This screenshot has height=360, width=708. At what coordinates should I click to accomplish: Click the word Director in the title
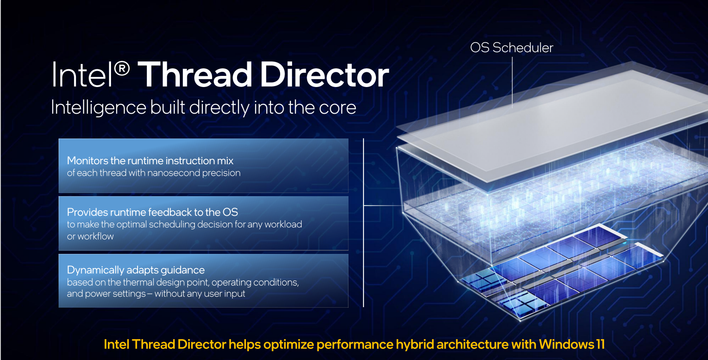coord(324,75)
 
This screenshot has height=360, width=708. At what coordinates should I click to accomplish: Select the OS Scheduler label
coord(512,48)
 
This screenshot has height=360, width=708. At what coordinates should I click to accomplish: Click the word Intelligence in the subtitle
coord(99,108)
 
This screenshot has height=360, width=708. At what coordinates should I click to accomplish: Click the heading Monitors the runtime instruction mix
coord(150,161)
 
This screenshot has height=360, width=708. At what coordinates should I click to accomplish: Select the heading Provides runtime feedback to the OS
coord(152,212)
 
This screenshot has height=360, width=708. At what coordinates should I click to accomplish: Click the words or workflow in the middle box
coord(90,237)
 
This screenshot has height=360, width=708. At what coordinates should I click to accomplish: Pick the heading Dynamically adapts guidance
coord(136,270)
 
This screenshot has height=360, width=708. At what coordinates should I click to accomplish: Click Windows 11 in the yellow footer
coord(572,344)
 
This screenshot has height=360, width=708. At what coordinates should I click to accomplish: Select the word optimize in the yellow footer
coord(289,344)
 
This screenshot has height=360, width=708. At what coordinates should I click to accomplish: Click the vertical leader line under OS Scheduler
coord(512,83)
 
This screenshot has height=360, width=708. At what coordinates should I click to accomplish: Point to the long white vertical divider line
coord(364,222)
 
